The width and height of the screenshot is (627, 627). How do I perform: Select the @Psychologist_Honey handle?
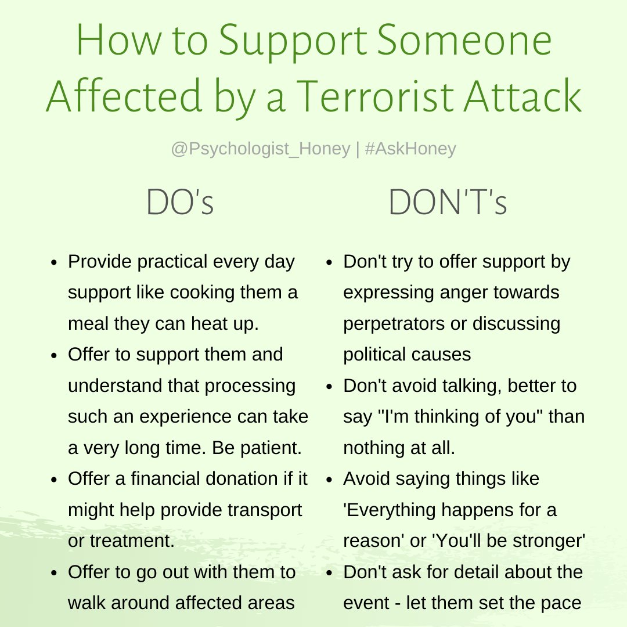tap(261, 149)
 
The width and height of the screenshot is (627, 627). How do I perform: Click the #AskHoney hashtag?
tap(410, 149)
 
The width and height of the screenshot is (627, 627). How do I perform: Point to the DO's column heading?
tap(180, 203)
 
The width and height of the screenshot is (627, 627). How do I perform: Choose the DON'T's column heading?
tap(448, 203)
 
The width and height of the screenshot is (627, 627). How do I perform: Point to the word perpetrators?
tap(394, 323)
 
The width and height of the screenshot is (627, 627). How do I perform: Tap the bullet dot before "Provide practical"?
tap(53, 262)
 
